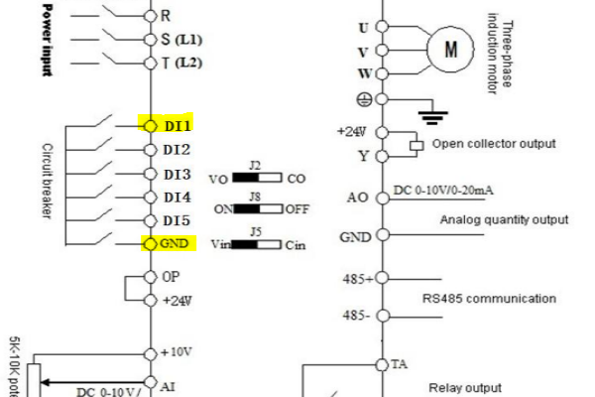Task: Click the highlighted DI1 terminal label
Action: (177, 126)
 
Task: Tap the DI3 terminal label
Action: (177, 174)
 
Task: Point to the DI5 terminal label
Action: (177, 220)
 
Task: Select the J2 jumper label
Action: (255, 164)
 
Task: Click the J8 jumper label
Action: (255, 198)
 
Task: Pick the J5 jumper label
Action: (255, 230)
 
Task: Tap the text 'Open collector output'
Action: (494, 144)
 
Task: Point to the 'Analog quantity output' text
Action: (504, 219)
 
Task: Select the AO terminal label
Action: (357, 198)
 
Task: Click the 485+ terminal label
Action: (358, 279)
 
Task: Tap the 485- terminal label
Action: (357, 316)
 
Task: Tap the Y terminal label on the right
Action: (363, 156)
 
